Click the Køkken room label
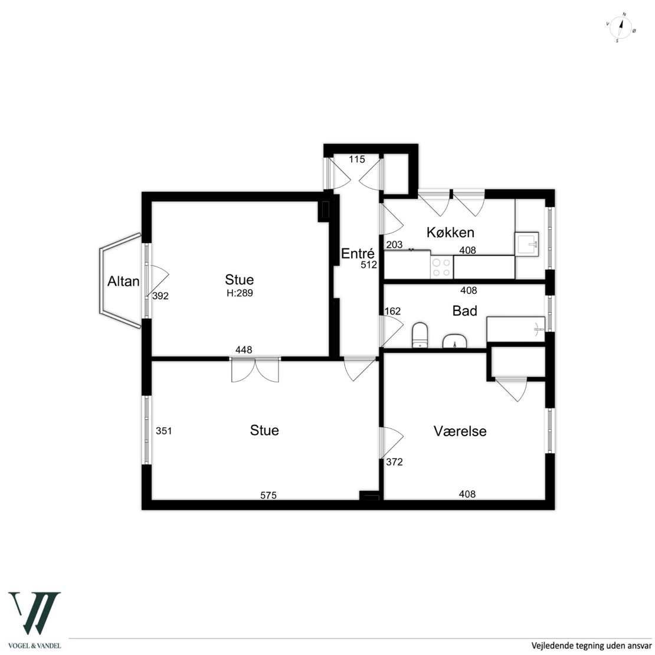point(450,232)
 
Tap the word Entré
point(358,254)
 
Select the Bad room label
point(464,311)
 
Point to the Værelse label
point(460,431)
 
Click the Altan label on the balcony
point(123,281)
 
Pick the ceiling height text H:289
point(240,293)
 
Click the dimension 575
point(268,495)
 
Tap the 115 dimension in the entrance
point(357,159)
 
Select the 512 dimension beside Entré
point(369,264)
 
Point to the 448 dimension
point(244,350)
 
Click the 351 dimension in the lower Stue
point(164,431)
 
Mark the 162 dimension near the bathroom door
point(392,311)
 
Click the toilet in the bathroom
point(420,335)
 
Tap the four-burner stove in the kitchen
point(441,268)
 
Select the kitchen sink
point(527,244)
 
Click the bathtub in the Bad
point(516,330)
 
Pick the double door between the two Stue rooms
point(255,369)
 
